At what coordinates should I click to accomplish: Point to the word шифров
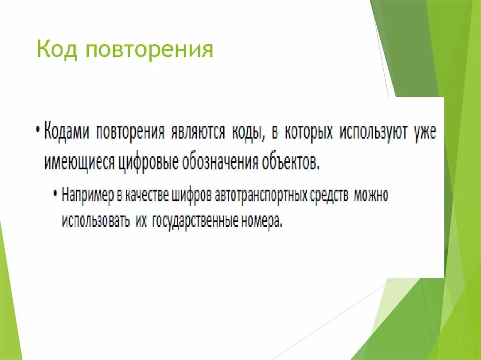(192, 195)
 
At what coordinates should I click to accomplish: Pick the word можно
(372, 195)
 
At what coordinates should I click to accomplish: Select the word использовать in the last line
(96, 221)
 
